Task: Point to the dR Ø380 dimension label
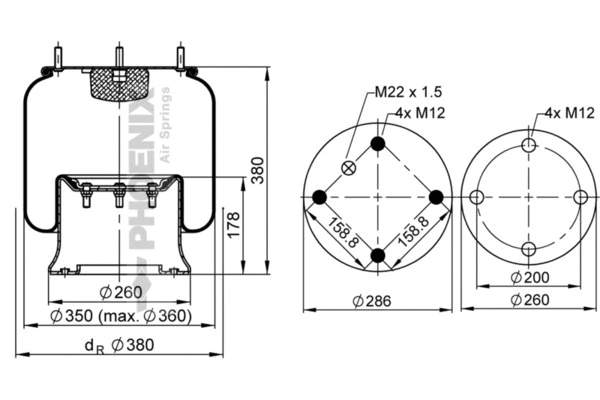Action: point(119,345)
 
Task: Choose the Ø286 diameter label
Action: point(377,301)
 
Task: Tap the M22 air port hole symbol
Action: point(347,168)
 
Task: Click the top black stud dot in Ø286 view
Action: point(378,145)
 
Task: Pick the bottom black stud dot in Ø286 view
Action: point(378,256)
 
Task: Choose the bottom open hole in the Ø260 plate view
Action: point(529,249)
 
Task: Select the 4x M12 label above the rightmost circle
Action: point(566,113)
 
